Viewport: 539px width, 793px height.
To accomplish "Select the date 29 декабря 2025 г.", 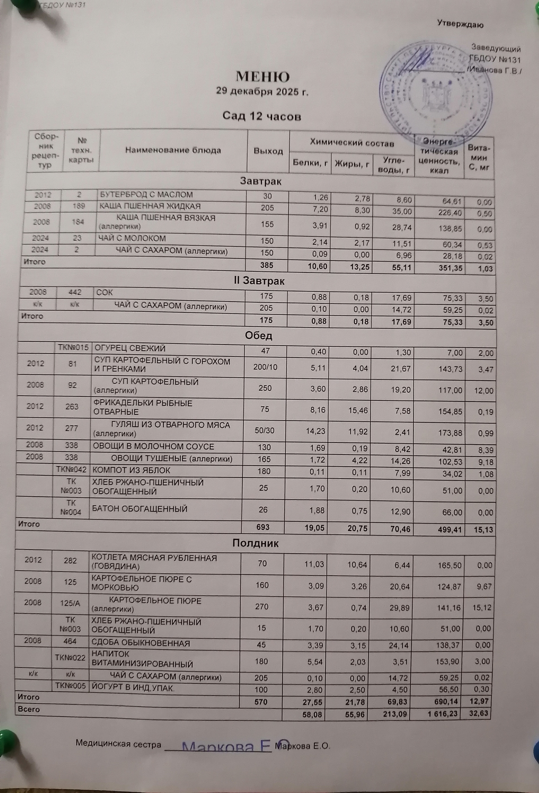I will pyautogui.click(x=262, y=91).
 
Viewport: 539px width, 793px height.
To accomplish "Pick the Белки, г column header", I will pyautogui.click(x=310, y=163).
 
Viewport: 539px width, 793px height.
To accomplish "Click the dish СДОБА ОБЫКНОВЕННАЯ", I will pyautogui.click(x=140, y=643).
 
